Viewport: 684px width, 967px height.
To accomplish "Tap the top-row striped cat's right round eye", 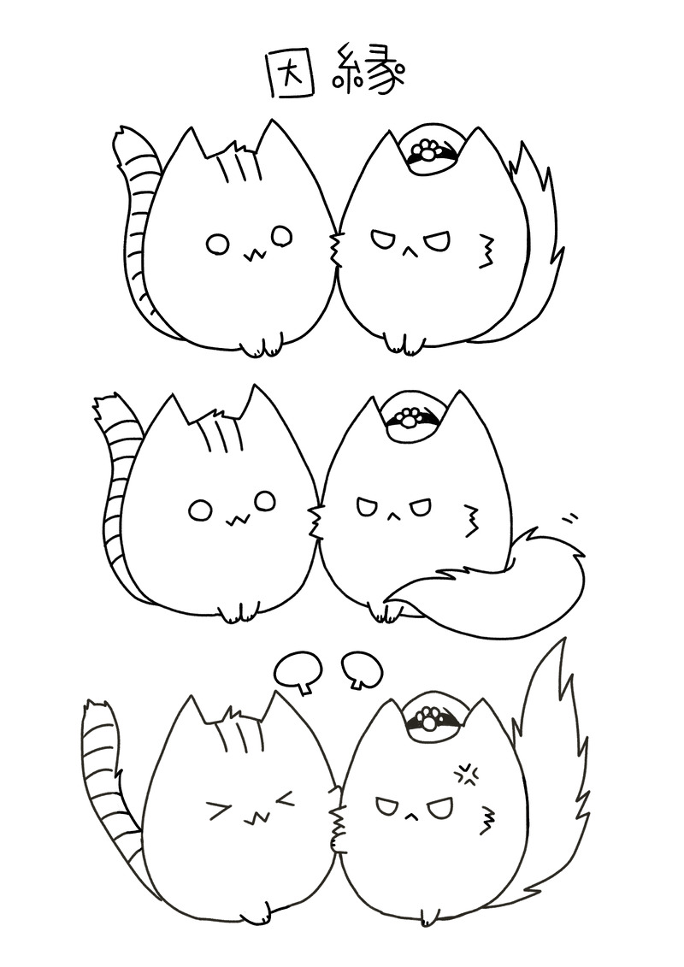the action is point(281,235).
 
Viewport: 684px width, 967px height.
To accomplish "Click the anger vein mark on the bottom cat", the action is point(469,775).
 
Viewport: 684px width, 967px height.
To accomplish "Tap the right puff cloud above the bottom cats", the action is point(361,669).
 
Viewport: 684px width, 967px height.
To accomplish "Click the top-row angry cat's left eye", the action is point(382,239).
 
